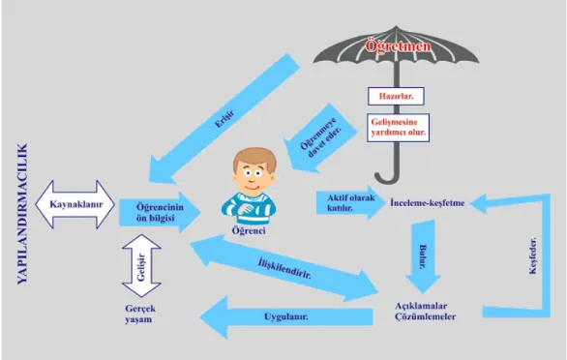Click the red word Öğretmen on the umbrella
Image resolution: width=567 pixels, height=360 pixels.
pos(398,45)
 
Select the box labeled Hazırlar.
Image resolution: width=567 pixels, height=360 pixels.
pos(396,96)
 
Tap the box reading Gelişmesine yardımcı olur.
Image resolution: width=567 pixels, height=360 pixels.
pos(398,128)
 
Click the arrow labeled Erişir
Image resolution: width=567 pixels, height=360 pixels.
pos(224,118)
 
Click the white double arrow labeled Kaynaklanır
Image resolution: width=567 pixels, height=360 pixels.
pos(75,204)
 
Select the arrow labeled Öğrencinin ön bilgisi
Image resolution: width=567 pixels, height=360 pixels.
pos(160,212)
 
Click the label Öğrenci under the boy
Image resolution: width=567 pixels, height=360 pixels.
pos(249,231)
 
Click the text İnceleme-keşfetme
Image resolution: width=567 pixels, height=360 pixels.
pos(428,203)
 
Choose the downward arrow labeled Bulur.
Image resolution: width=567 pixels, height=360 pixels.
pos(423,256)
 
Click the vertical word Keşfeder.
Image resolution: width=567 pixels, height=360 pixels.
pos(532,255)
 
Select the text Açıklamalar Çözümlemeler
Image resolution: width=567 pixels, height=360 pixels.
pos(426,312)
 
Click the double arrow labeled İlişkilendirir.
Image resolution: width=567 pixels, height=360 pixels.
pos(284,268)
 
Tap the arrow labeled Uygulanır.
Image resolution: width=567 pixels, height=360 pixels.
pos(286,317)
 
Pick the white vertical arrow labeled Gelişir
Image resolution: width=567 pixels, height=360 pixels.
pos(141,266)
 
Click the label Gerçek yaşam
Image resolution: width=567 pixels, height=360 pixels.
pos(140,315)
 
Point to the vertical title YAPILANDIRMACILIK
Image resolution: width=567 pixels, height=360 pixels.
pos(22,214)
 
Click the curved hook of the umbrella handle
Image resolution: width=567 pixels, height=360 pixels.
pos(387,178)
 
